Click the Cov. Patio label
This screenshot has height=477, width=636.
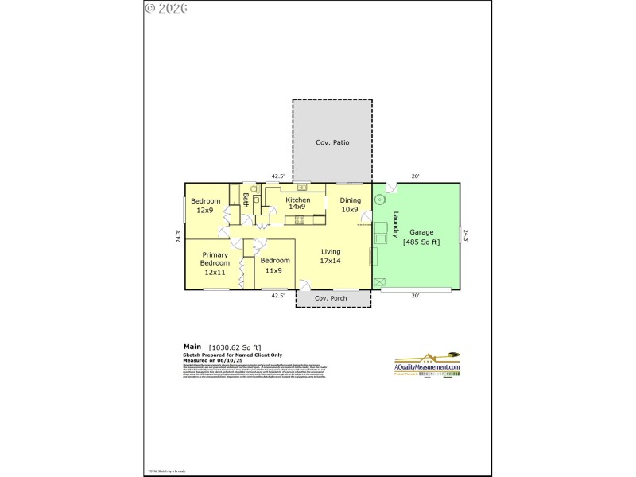[332, 143]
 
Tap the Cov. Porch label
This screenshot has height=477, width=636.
[332, 298]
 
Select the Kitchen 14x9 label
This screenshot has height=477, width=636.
[298, 203]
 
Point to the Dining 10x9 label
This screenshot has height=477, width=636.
[350, 205]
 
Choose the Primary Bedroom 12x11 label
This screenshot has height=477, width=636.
[215, 263]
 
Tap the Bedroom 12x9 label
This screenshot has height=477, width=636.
[205, 205]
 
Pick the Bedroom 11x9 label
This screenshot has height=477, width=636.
[274, 265]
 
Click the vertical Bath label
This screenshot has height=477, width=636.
[246, 200]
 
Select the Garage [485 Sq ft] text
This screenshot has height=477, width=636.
[421, 237]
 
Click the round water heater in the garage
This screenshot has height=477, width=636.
[380, 199]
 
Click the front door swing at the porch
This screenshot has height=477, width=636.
[305, 283]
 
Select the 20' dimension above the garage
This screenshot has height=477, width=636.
[415, 176]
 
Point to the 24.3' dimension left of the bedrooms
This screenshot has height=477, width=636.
[179, 236]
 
